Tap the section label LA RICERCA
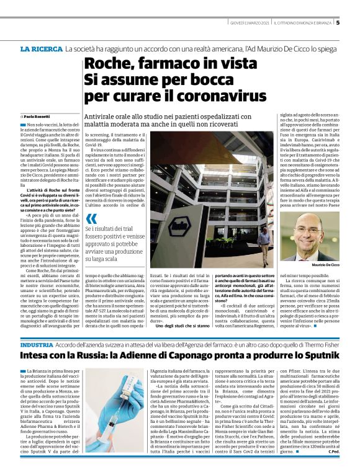(x=41, y=48)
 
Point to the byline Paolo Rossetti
(x=34, y=117)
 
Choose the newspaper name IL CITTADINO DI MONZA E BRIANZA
(x=300, y=24)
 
